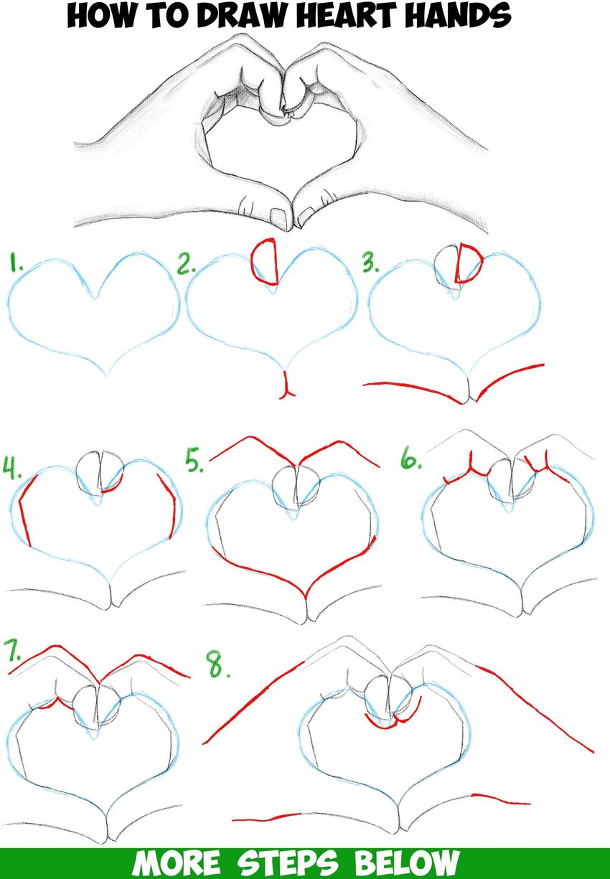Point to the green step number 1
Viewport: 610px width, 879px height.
click(x=15, y=263)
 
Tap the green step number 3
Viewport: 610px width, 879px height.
click(x=370, y=263)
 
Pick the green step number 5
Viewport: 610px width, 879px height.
click(x=194, y=459)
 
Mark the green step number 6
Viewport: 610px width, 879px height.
click(x=410, y=459)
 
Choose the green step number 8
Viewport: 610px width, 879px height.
click(x=218, y=665)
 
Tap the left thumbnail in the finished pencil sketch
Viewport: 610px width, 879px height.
click(x=279, y=217)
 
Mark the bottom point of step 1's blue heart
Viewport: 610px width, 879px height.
click(x=107, y=376)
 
